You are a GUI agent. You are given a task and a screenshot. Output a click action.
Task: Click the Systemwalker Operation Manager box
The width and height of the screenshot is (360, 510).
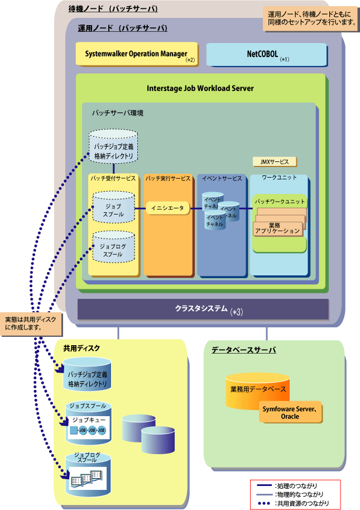pos(137,54)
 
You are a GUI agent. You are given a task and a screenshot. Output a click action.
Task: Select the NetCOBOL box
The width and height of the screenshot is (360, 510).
pos(266,54)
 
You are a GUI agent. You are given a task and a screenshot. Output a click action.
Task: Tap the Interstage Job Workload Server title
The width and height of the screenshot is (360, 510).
pos(200,88)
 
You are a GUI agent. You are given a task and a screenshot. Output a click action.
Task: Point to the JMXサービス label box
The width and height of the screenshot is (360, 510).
pos(275,161)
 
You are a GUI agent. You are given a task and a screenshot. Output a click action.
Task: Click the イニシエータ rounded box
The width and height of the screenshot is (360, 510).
pos(167,208)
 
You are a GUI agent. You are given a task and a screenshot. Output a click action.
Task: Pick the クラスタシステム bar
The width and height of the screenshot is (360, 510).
pos(203,309)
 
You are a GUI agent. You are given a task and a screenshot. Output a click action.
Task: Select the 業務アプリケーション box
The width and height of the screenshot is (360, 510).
pos(277,228)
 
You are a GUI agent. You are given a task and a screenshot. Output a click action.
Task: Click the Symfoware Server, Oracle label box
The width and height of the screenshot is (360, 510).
pos(290,412)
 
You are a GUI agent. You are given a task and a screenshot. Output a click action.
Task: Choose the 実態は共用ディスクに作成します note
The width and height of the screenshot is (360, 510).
pos(31,323)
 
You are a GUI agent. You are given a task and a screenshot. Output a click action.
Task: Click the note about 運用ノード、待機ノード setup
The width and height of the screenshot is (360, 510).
pos(311,18)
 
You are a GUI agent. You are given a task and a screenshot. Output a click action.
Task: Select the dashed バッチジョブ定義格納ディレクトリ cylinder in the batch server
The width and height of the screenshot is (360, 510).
pos(113,147)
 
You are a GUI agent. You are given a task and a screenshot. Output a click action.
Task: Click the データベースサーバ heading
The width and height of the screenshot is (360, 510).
pos(244,350)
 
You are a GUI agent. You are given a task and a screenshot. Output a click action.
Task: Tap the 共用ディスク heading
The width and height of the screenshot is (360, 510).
pos(81,349)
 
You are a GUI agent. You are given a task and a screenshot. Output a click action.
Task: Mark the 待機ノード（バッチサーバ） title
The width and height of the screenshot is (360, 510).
pos(113,9)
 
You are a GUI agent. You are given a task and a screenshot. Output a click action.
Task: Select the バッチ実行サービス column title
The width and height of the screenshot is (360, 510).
pos(167,179)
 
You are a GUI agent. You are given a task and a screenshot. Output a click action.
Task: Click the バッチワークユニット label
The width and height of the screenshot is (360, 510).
pos(280,202)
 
